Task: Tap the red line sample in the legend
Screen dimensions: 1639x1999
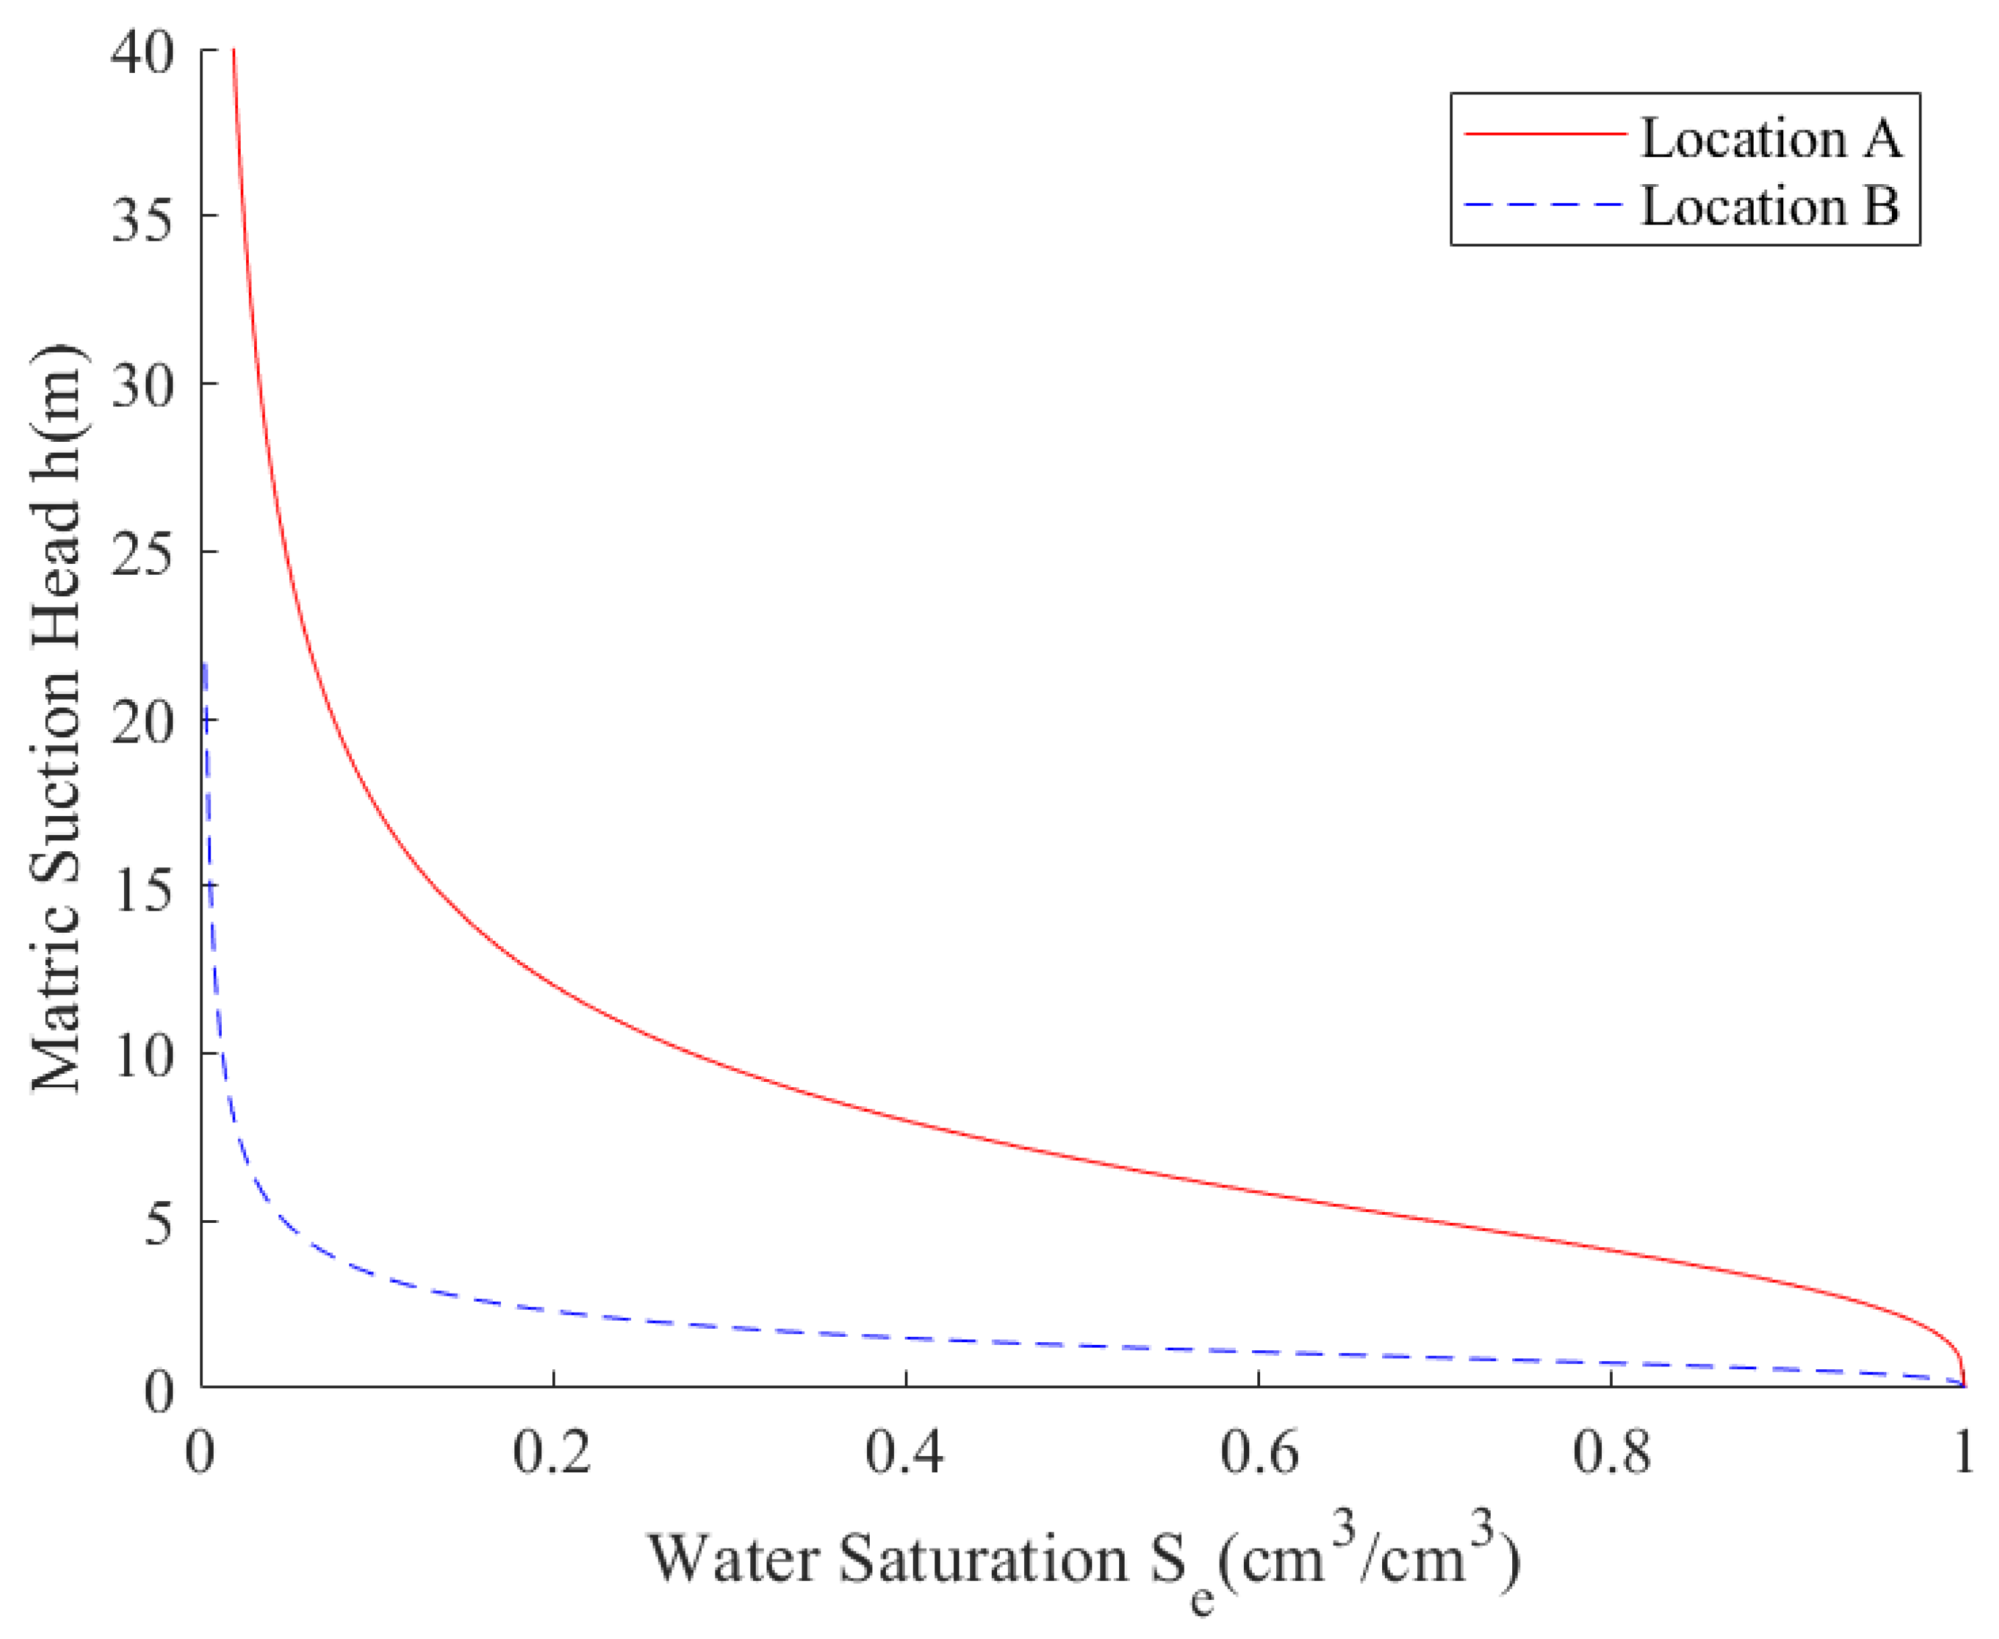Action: [x=1545, y=135]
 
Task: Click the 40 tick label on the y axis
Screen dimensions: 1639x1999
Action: [x=142, y=53]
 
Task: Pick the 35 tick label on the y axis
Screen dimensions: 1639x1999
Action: [x=142, y=221]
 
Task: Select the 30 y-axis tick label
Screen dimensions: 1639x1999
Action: [x=142, y=387]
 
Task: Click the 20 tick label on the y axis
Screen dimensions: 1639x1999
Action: [x=142, y=723]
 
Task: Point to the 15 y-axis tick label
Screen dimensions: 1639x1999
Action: [x=142, y=890]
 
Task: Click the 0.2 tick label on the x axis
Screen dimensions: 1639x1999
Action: [x=552, y=1453]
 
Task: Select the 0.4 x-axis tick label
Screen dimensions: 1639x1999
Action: [x=904, y=1453]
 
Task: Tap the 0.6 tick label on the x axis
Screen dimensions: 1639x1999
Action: [x=1258, y=1453]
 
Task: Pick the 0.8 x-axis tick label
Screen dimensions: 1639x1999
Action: [x=1611, y=1453]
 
